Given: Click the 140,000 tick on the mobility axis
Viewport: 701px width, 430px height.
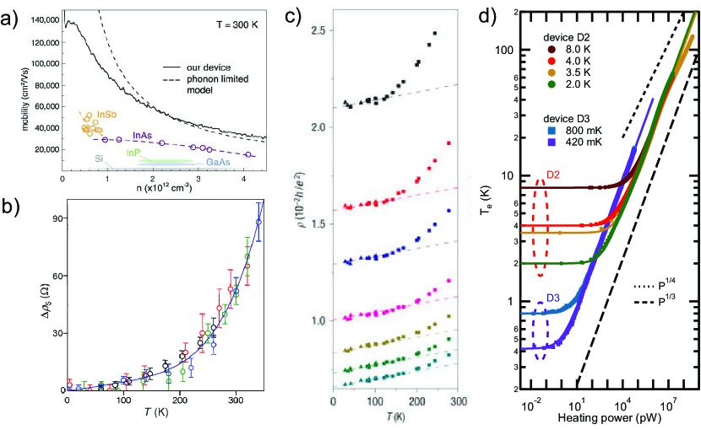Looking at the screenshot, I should [40, 19].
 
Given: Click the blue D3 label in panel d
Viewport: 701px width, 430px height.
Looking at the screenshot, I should [552, 297].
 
